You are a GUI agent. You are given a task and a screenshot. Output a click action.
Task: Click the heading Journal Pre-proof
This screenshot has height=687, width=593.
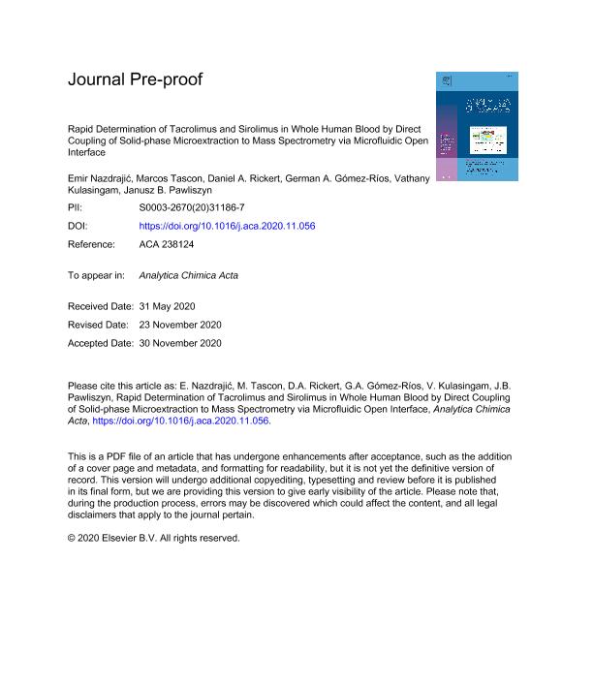pyautogui.click(x=135, y=79)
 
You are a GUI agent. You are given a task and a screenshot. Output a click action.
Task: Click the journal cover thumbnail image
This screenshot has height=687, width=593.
pyautogui.click(x=476, y=127)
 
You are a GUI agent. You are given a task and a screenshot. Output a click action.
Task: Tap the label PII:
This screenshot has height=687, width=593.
pyautogui.click(x=77, y=208)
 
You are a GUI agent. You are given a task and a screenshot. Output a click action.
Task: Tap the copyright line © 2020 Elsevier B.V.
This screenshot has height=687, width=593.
pyautogui.click(x=153, y=538)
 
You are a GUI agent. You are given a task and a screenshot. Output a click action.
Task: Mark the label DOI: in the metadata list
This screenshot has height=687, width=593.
pyautogui.click(x=79, y=226)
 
